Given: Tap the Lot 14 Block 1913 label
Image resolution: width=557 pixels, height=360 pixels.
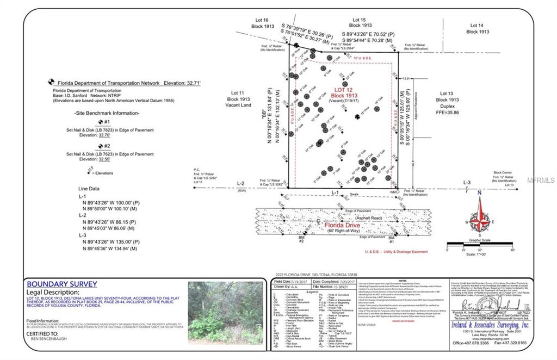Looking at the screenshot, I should click(x=477, y=28).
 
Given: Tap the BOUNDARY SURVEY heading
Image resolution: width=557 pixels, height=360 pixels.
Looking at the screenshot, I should click(x=62, y=284).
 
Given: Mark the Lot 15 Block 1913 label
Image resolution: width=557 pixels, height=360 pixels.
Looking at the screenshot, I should click(x=360, y=22).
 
